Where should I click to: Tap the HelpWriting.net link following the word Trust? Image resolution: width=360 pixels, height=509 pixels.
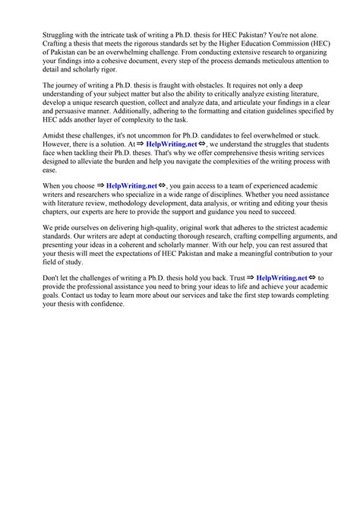tap(282, 277)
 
